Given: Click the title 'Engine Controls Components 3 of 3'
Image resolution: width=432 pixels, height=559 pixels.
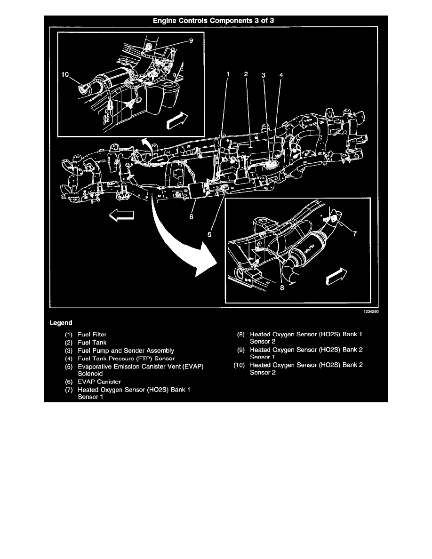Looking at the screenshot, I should [216, 20].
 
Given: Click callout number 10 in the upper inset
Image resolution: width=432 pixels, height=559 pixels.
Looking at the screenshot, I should [65, 74].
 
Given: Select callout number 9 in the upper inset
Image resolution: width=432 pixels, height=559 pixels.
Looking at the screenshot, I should [191, 41].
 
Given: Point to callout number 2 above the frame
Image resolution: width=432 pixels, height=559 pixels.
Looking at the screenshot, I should [246, 74].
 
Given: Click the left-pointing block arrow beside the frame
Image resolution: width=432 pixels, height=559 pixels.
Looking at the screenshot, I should [122, 216].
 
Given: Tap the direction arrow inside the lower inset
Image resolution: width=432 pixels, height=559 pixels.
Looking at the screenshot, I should [337, 278].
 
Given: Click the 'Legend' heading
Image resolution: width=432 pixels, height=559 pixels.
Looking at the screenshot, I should [61, 323].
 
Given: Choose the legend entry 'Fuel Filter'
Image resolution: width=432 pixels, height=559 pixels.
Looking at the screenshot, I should [92, 335].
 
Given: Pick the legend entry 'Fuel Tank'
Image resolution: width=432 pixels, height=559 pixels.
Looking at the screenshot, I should [92, 343].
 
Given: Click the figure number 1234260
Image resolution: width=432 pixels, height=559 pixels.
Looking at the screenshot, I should [370, 311].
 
